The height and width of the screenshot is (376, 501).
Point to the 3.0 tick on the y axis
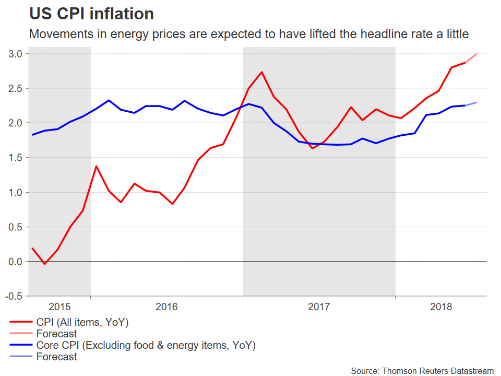pos(16,54)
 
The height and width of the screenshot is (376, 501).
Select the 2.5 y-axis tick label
pos(16,88)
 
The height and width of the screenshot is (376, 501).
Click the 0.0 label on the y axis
pos(16,262)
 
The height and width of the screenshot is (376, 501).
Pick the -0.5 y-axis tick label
pos(15,296)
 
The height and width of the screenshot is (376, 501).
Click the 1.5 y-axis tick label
pos(16,158)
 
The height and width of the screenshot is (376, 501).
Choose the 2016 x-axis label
pos(166,307)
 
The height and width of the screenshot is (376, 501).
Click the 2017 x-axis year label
pos(319,307)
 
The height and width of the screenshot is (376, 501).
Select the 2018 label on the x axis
pos(441,307)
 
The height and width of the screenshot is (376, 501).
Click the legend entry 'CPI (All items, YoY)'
pos(82,322)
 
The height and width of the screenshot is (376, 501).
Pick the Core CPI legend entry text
pos(146,345)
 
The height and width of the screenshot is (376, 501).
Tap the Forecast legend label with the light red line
pos(56,334)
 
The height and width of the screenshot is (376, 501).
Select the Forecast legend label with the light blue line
pos(56,357)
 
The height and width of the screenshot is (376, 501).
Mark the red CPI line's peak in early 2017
pos(261,72)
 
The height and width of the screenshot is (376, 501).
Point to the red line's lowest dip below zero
pos(45,264)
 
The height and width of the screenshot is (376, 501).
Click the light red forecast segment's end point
pos(476,54)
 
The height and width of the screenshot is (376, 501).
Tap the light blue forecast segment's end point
pos(476,102)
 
